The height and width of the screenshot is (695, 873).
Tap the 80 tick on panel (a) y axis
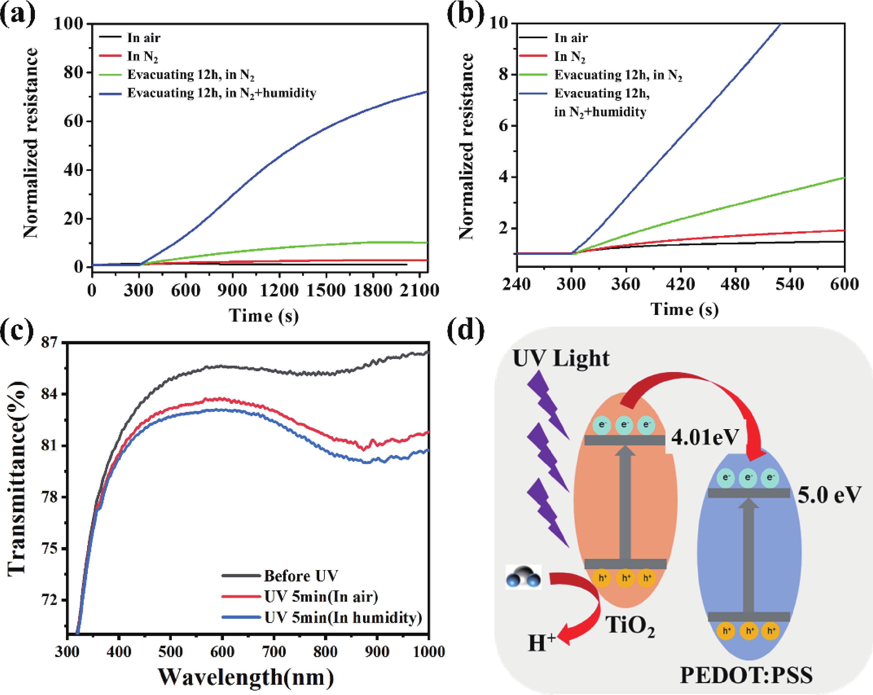click(73, 73)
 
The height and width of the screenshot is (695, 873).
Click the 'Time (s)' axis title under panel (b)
click(684, 310)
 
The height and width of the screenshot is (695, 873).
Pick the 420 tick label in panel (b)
click(681, 284)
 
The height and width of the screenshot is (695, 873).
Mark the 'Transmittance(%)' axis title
click(17, 478)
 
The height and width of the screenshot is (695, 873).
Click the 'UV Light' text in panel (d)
click(561, 358)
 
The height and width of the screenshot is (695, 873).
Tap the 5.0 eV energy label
click(829, 495)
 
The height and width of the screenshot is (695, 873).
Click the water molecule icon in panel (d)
click(523, 577)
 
